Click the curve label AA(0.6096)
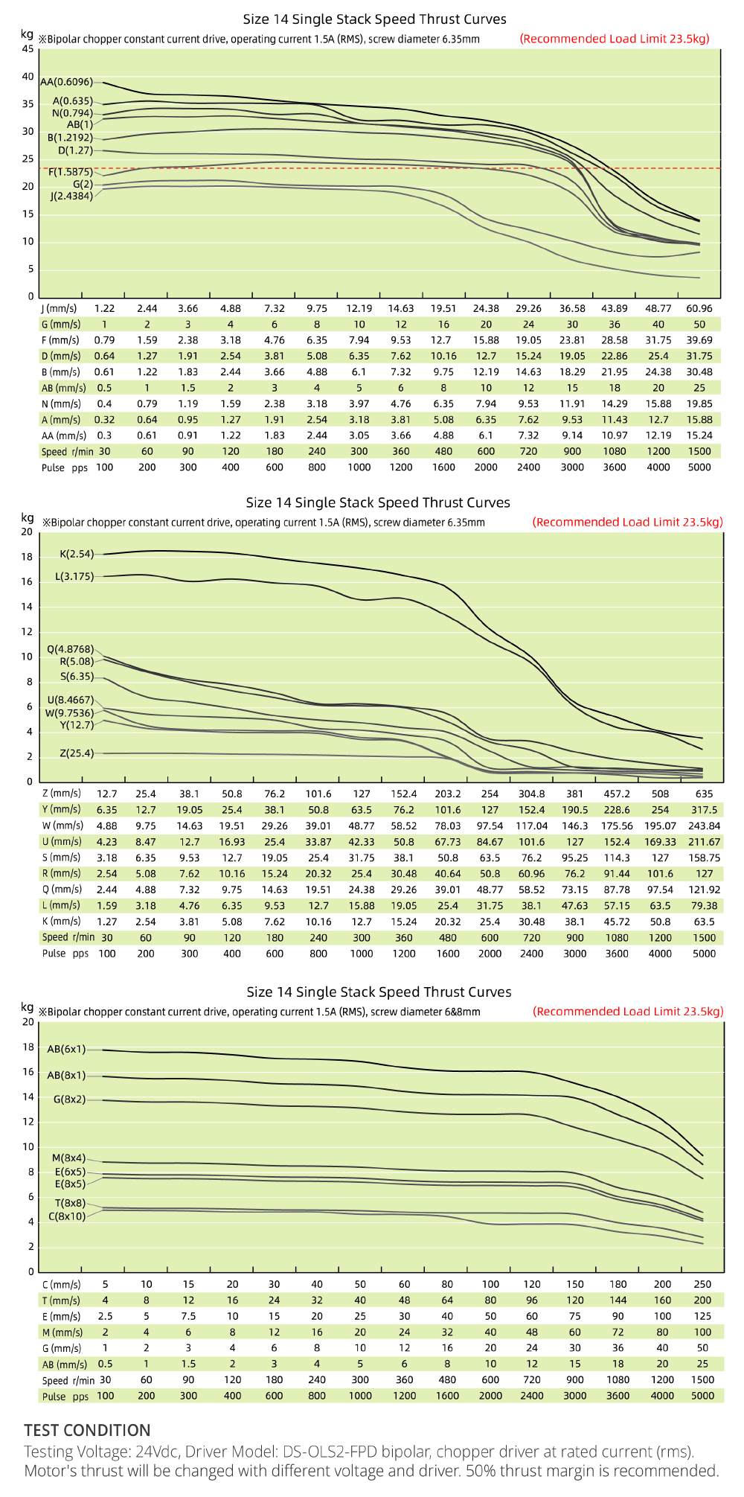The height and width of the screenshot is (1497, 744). [67, 82]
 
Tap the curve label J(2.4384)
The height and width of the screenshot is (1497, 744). [71, 197]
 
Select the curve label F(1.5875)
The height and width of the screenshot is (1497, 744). [71, 172]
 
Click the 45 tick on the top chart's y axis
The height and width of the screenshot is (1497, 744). [28, 49]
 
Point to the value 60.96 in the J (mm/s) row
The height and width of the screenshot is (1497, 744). [699, 308]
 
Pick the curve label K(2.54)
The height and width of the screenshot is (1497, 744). [77, 554]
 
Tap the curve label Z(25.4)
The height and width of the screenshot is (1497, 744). [77, 753]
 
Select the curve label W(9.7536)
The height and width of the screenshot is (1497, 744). [69, 712]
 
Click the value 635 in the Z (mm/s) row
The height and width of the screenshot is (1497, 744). [704, 794]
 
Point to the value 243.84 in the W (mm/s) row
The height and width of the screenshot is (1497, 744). [704, 826]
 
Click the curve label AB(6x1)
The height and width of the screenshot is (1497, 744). [66, 1049]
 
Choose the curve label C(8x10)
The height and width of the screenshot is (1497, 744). [67, 1216]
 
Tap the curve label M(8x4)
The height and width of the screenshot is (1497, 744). [68, 1158]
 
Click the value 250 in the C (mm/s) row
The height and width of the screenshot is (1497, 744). [702, 1284]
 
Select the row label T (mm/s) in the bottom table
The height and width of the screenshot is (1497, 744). [61, 1300]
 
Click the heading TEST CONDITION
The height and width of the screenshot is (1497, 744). [87, 1430]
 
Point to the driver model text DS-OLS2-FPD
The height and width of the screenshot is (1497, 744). [339, 1452]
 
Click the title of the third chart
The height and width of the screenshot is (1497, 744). [379, 992]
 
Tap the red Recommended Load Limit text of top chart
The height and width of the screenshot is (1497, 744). [615, 39]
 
